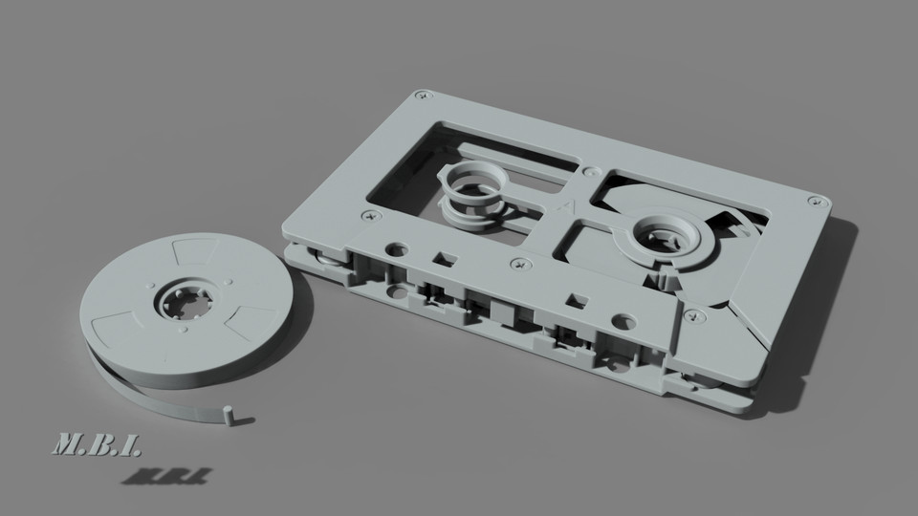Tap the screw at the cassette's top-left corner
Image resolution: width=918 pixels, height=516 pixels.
click(421, 96)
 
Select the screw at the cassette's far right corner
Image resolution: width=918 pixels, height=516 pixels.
click(814, 200)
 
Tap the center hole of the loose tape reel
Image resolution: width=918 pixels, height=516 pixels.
click(185, 302)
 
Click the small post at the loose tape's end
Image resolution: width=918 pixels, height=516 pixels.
click(228, 414)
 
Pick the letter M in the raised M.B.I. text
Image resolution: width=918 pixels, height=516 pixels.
click(71, 443)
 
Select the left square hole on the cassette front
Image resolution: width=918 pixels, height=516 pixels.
click(442, 258)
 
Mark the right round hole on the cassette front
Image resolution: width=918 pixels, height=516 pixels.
click(623, 321)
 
